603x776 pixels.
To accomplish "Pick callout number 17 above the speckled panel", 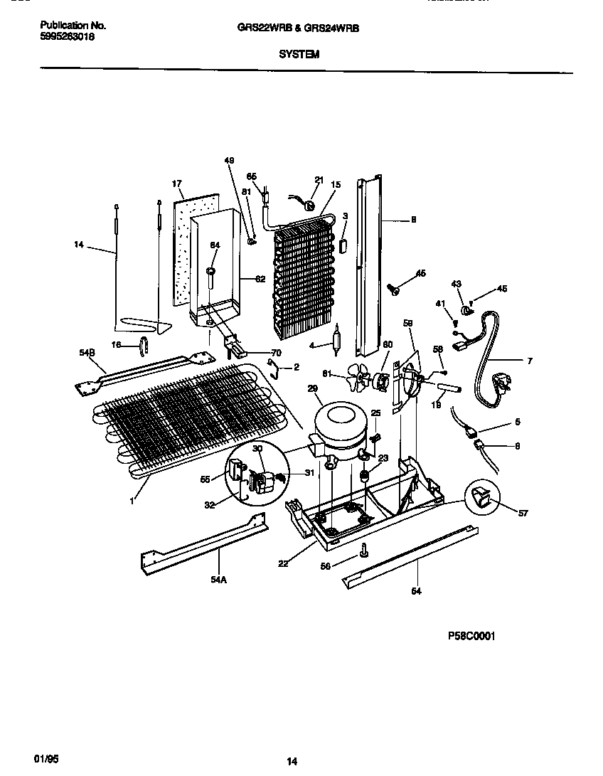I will click(177, 184).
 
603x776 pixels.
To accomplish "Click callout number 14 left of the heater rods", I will click(78, 245).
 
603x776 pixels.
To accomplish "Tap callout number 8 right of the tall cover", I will click(413, 220).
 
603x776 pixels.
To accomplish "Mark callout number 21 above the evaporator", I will click(319, 180).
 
